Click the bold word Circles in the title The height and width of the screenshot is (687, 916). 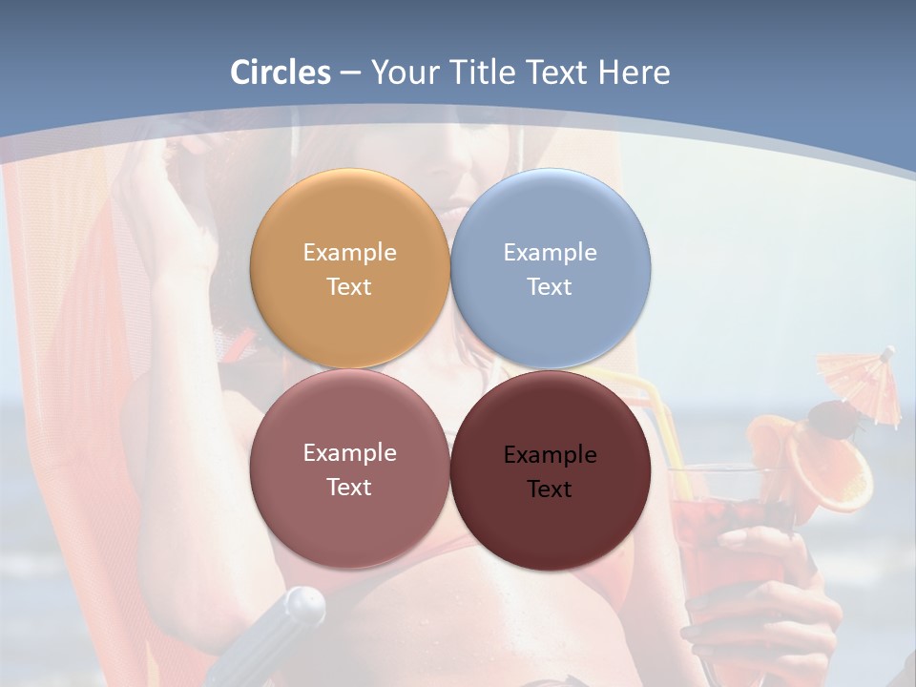tap(281, 73)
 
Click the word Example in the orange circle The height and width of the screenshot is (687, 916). tap(349, 253)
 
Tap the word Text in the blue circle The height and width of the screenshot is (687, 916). tap(550, 287)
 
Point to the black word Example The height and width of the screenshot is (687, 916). tap(550, 455)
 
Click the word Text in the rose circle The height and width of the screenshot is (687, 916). tap(349, 488)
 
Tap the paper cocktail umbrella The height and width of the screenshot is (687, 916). tap(862, 382)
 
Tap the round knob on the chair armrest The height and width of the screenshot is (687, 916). tap(303, 605)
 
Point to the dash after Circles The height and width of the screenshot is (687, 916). tap(349, 73)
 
